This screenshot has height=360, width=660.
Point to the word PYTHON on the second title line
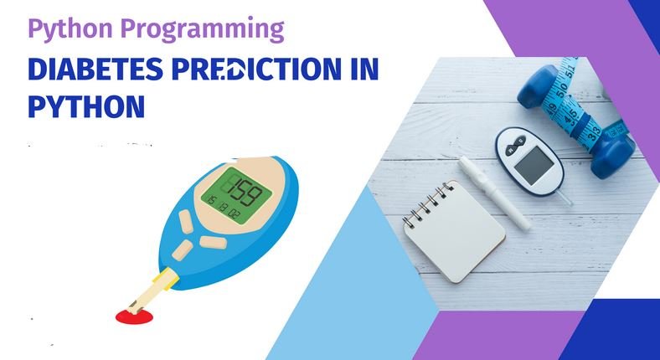[x=86, y=106]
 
